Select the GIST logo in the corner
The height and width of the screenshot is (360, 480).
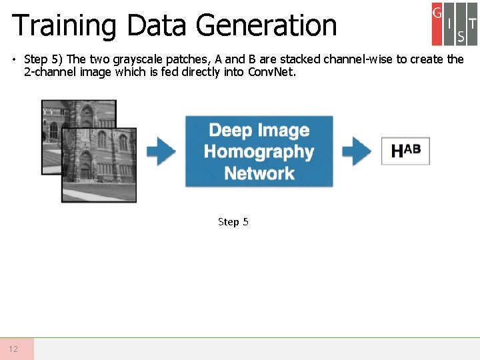click(454, 23)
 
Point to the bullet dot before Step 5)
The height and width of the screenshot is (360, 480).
click(14, 59)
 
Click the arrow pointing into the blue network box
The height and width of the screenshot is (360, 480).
click(161, 151)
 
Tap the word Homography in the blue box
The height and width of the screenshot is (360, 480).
click(259, 151)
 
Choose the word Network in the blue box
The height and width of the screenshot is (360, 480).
click(259, 173)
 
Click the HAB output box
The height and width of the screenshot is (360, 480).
click(405, 151)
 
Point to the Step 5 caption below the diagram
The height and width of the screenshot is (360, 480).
click(233, 221)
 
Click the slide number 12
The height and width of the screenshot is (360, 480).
click(13, 349)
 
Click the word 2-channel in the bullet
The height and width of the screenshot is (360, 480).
click(48, 71)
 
